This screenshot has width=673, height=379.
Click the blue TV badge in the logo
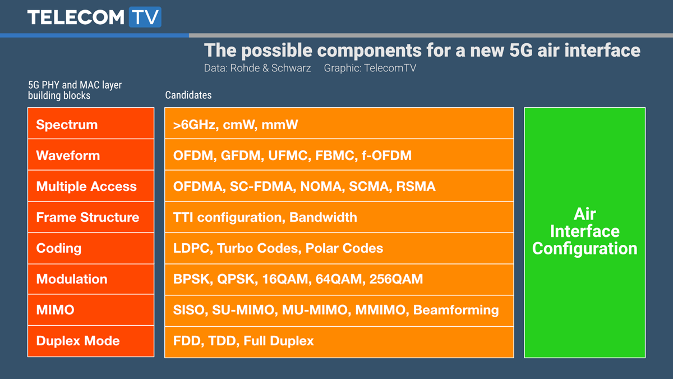tap(145, 17)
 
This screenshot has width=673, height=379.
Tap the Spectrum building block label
tap(67, 125)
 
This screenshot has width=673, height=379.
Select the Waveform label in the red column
tap(68, 156)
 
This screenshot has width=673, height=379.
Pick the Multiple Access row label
tap(86, 186)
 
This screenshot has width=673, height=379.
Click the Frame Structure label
tap(87, 217)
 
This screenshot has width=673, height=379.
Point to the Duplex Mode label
tap(78, 341)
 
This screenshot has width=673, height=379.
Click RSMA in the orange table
tap(416, 186)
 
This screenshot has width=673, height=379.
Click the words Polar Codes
tap(344, 248)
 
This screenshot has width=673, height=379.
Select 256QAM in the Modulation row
tap(396, 279)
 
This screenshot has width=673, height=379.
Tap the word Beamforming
tap(456, 310)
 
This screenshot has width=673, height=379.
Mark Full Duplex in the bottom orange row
tap(279, 341)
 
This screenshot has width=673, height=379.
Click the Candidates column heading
tap(188, 95)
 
